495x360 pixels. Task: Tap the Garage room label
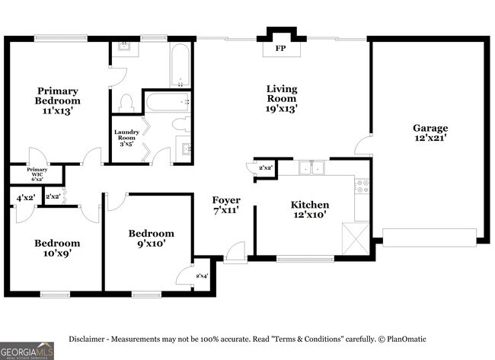click(430, 133)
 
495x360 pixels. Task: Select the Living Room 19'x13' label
click(281, 99)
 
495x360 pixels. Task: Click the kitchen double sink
click(311, 167)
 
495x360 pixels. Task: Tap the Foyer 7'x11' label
click(226, 205)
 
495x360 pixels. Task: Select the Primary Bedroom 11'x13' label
click(57, 100)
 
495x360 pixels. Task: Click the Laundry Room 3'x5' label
click(126, 138)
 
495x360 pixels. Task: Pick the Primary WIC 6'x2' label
click(37, 174)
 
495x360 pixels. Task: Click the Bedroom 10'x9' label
click(57, 249)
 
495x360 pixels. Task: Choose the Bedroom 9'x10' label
click(151, 238)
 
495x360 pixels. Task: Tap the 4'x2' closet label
click(25, 198)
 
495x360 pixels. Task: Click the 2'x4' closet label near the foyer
click(202, 276)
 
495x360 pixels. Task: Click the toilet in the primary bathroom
click(126, 102)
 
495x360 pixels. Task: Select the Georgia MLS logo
click(27, 350)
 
